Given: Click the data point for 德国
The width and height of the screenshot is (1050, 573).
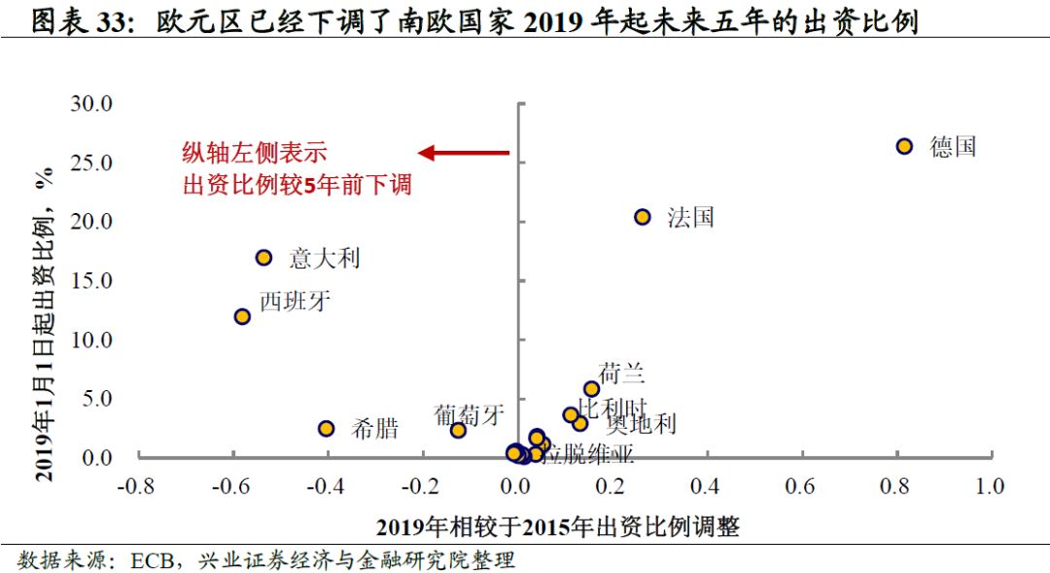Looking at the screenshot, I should click(904, 146).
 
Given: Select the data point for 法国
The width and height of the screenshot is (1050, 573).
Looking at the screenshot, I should click(642, 217).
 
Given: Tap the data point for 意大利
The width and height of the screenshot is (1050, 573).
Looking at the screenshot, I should click(263, 257).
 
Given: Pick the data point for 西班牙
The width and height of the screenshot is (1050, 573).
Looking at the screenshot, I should click(242, 316).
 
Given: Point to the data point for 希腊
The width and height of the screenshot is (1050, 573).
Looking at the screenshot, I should click(327, 428).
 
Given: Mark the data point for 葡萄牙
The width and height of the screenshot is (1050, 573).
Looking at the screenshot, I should click(458, 429).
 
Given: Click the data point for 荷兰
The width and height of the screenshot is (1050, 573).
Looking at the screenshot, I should click(591, 389).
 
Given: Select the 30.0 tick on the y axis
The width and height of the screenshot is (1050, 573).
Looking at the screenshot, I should click(92, 103).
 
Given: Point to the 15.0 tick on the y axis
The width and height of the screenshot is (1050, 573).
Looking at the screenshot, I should click(92, 280).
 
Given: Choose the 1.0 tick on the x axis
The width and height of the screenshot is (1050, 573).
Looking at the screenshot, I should click(990, 485).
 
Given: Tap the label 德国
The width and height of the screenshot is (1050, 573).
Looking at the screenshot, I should click(952, 147).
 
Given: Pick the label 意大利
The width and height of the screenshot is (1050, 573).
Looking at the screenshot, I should click(325, 258).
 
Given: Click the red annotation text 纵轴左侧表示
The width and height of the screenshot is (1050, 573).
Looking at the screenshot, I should click(255, 153).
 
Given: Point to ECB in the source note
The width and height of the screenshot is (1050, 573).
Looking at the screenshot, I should click(152, 560).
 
